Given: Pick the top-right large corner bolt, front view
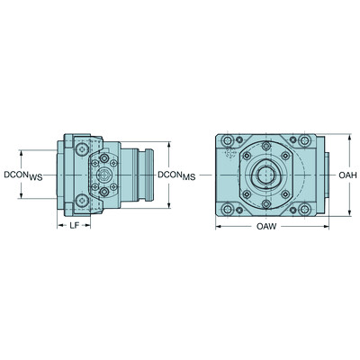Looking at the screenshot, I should pyautogui.click(x=308, y=142).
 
